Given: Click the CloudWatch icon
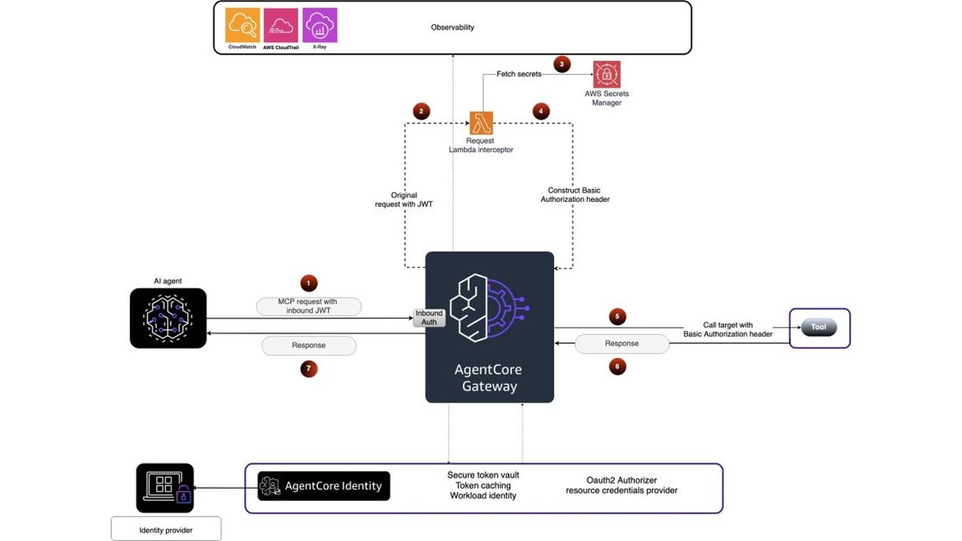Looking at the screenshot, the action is [243, 25].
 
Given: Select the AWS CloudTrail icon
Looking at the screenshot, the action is [281, 26].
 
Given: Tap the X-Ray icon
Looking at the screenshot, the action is [320, 25].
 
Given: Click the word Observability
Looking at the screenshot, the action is [452, 27].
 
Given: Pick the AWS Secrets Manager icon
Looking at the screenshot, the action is [607, 75].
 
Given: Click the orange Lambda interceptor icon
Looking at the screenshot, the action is [481, 123].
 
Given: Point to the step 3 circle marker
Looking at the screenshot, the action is [562, 64].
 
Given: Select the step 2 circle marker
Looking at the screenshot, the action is [422, 111].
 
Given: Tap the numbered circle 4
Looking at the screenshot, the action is [540, 111].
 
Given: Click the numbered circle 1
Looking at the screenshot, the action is [309, 284].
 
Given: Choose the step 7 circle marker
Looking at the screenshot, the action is [309, 369].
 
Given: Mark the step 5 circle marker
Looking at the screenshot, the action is [617, 317].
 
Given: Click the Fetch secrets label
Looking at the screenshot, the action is [519, 74].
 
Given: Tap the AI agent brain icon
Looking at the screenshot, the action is [168, 318].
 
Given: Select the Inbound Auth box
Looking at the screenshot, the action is [429, 317].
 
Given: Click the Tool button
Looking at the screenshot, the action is [819, 327].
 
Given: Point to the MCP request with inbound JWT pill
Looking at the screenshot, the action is [309, 306].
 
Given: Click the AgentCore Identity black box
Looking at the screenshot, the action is [324, 486].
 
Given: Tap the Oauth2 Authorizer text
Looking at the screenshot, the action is [621, 480].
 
